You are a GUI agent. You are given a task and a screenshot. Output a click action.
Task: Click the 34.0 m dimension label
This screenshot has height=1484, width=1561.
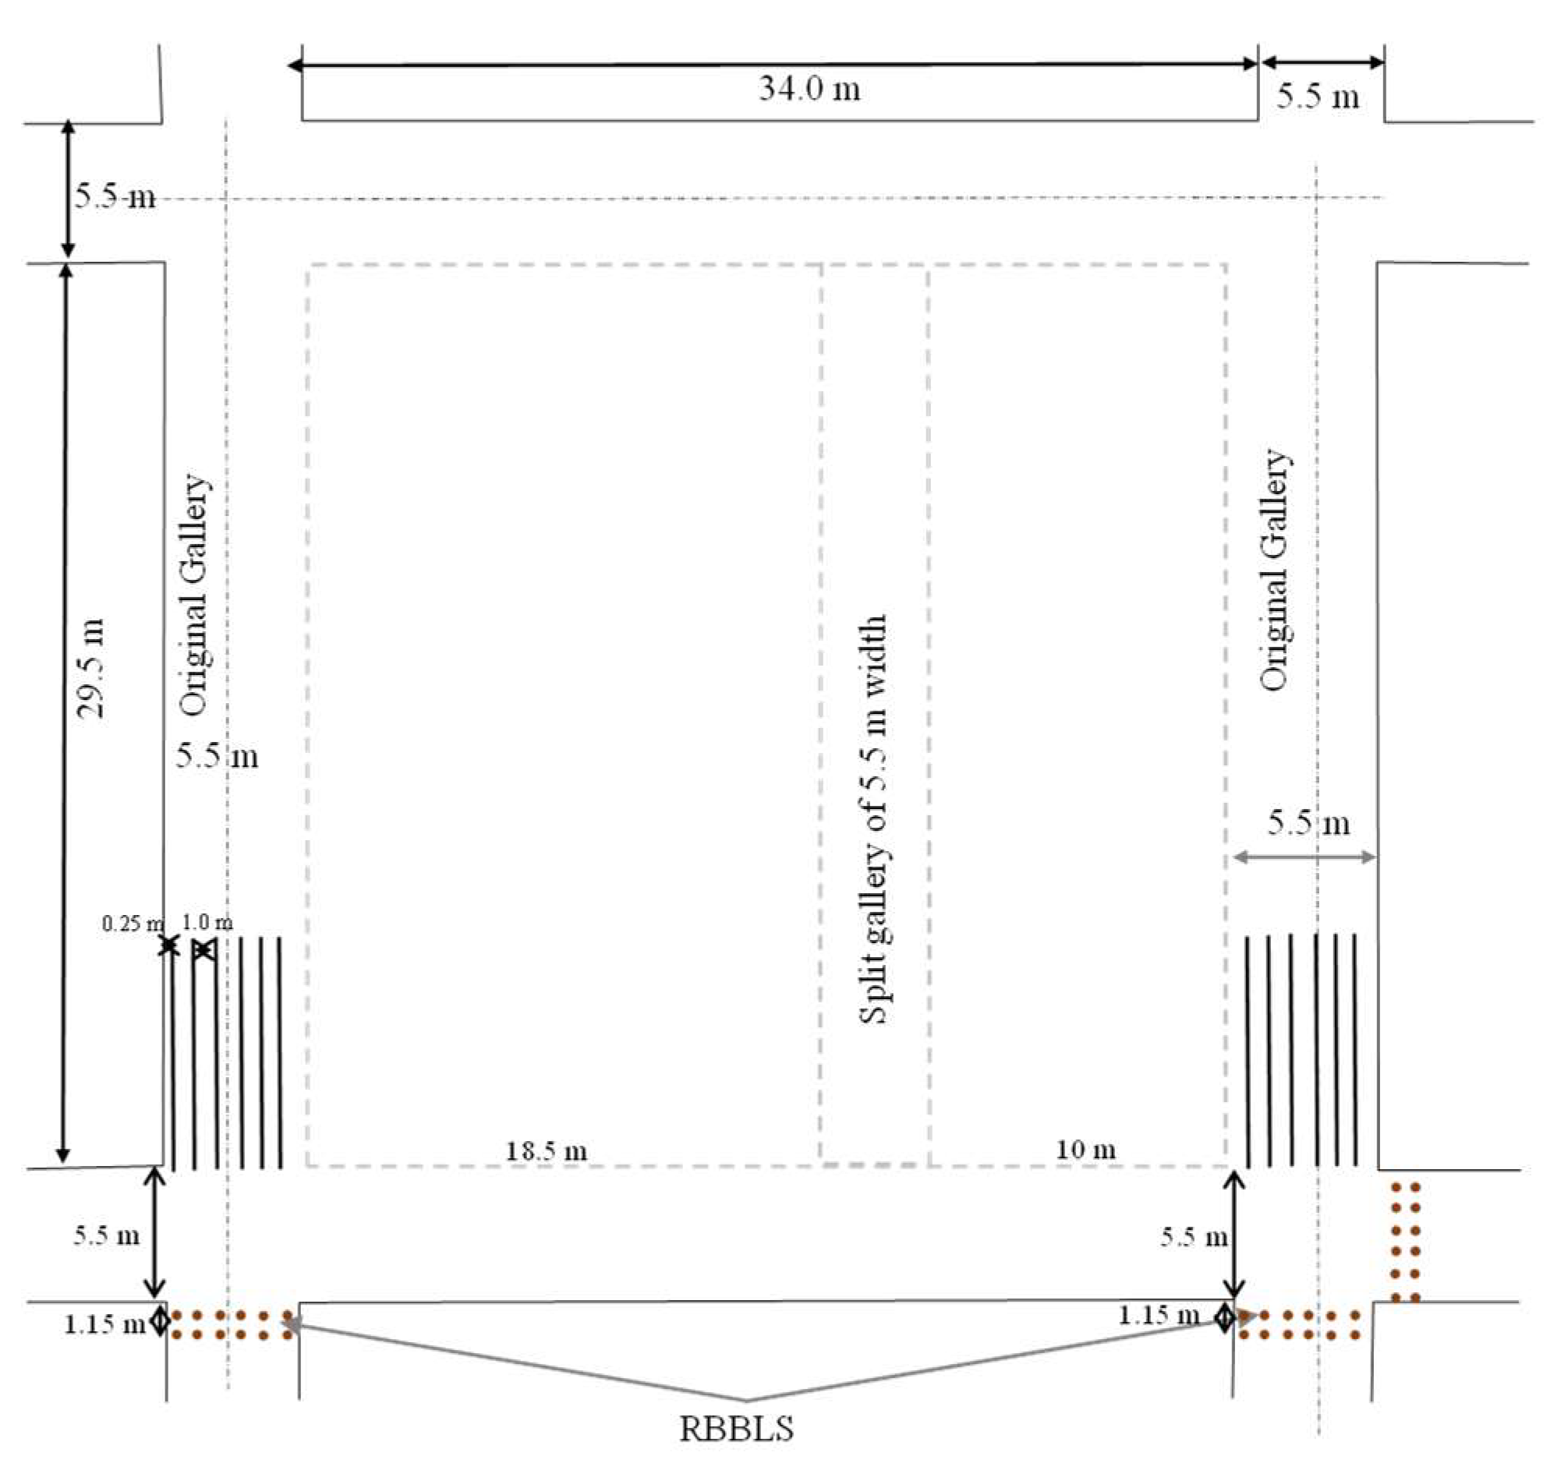click(809, 89)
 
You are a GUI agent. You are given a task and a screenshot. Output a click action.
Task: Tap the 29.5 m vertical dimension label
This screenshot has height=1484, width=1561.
click(90, 669)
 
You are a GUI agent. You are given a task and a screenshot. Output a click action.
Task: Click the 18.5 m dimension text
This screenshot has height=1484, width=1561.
click(546, 1151)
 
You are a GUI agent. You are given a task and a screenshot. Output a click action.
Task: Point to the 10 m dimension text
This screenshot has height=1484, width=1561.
click(1085, 1150)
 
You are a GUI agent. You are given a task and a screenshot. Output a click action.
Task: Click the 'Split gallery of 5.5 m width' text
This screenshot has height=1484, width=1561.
click(873, 819)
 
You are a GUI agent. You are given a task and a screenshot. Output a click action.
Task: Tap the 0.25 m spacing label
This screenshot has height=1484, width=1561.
click(131, 923)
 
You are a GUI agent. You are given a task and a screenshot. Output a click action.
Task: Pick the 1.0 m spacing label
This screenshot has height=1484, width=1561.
click(207, 922)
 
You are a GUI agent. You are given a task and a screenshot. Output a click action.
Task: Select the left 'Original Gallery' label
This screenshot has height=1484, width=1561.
click(194, 595)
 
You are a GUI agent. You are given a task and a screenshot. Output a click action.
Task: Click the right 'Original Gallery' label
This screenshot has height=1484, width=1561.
click(1274, 570)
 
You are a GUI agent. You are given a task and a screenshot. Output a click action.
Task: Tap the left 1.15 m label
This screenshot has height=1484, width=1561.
click(104, 1324)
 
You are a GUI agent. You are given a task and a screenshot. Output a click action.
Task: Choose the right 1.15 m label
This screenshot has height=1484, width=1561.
click(1159, 1316)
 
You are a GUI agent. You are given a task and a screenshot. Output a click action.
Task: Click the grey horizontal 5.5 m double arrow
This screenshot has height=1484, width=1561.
click(1304, 857)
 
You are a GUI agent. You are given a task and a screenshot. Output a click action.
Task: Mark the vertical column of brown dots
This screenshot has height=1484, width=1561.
click(1405, 1242)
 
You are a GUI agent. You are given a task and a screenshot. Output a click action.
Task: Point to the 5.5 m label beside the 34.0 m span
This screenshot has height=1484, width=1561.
click(1318, 97)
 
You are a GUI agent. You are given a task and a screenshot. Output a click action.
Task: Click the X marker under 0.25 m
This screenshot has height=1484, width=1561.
click(168, 945)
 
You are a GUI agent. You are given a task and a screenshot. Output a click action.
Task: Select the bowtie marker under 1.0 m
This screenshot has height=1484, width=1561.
click(203, 950)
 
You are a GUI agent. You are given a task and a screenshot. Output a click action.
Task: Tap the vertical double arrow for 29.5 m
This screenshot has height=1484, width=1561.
click(65, 712)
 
